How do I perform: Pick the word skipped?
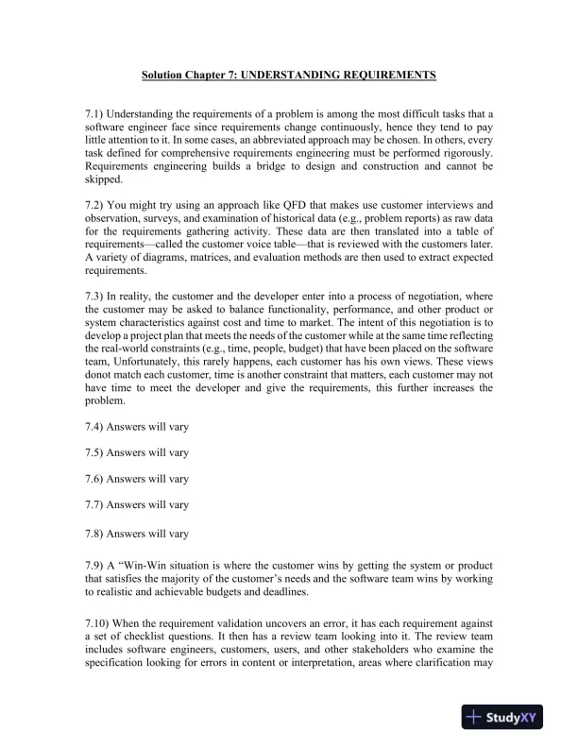pyautogui.click(x=104, y=180)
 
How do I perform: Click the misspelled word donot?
pyautogui.click(x=100, y=373)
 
